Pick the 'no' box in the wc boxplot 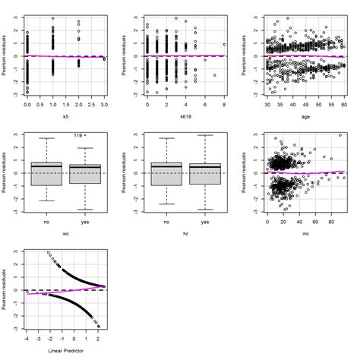pyautogui.click(x=44, y=173)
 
